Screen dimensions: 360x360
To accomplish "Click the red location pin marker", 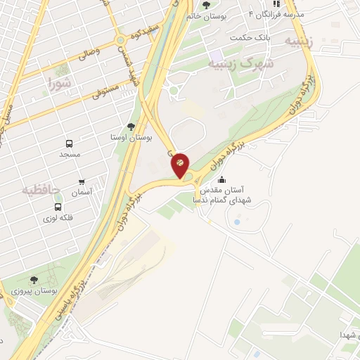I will click(180, 165).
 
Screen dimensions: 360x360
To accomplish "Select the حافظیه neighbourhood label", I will click(39, 189).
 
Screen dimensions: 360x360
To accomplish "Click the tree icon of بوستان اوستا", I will click(131, 126).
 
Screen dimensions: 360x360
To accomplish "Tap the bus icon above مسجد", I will click(70, 143).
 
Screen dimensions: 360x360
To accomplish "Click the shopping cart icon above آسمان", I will click(82, 181).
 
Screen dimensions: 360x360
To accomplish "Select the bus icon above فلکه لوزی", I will click(58, 207).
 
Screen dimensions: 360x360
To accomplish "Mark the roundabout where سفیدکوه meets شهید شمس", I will click(121, 39).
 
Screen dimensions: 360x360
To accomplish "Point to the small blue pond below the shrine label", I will click(236, 223).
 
